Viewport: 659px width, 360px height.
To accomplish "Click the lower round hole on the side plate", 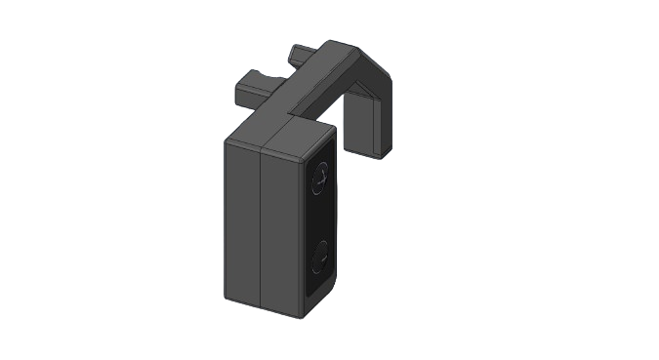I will click(x=319, y=259).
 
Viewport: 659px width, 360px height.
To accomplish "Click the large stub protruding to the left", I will click(x=252, y=92).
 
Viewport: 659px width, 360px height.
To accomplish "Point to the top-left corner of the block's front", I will click(x=227, y=140).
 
